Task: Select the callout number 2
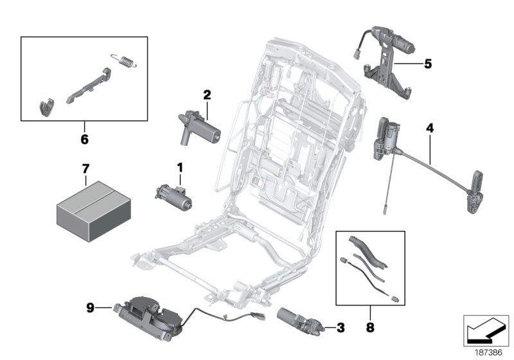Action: [207, 95]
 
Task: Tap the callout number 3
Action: [341, 328]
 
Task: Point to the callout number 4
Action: [429, 129]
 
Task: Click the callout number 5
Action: [428, 64]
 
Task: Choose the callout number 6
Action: [84, 138]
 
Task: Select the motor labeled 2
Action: [199, 126]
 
